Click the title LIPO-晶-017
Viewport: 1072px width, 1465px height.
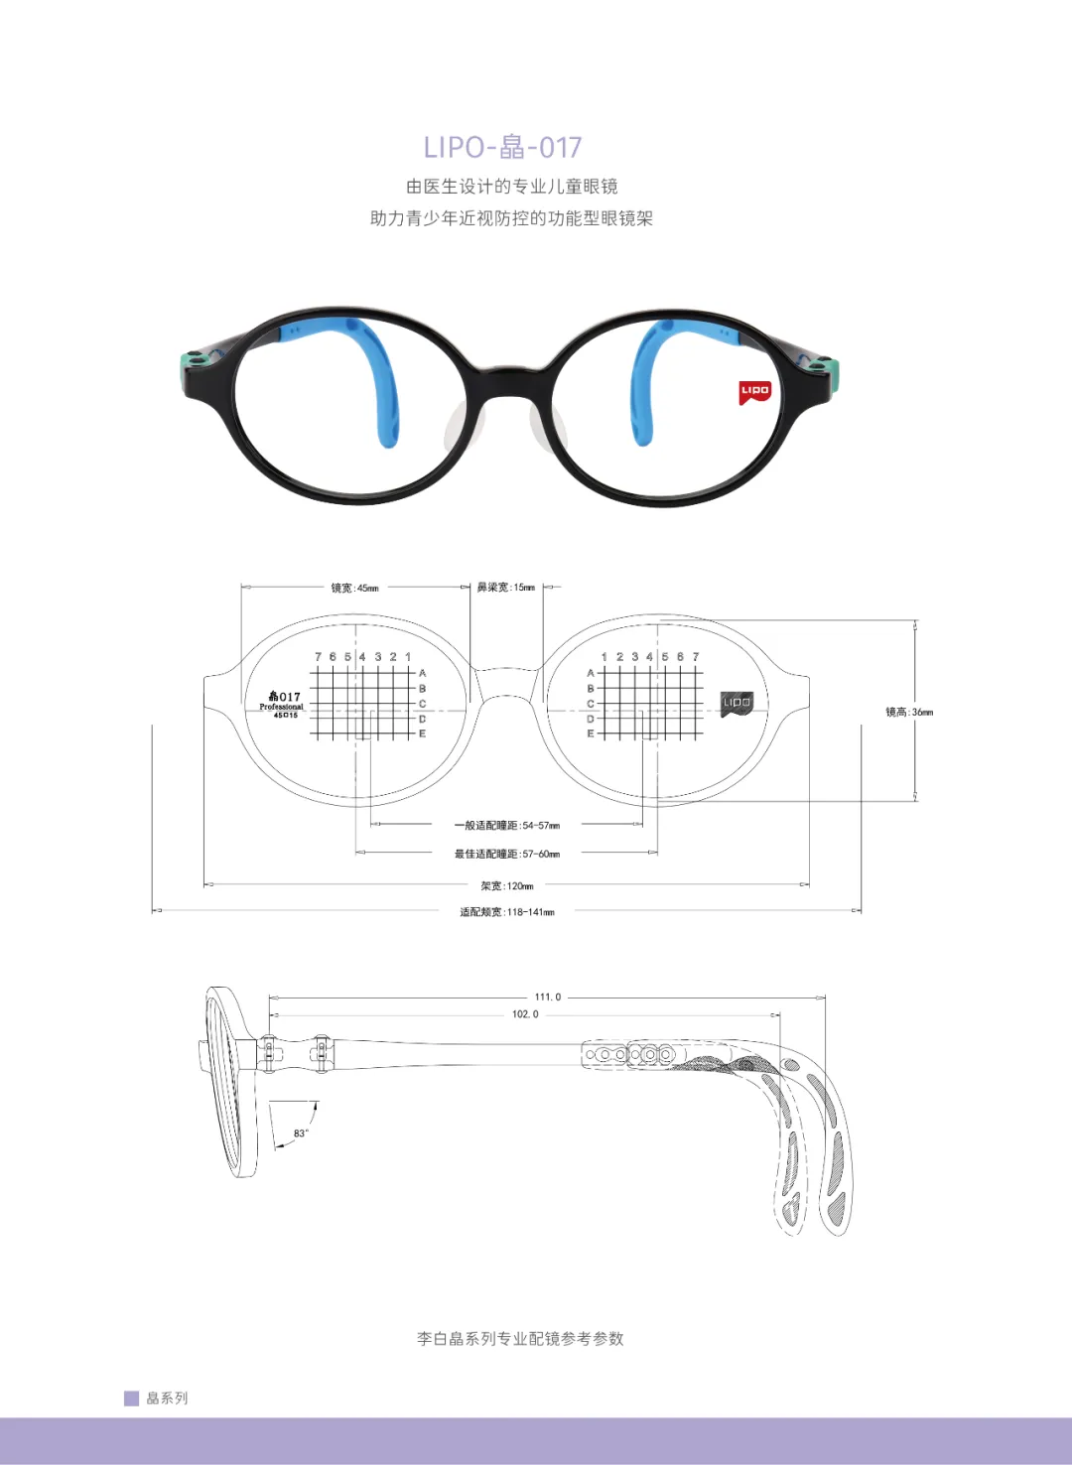(x=502, y=147)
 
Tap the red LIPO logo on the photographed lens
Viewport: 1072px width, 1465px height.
(x=754, y=392)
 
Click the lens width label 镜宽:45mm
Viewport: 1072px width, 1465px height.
(x=354, y=588)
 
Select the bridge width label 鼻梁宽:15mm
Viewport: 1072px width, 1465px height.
(x=505, y=588)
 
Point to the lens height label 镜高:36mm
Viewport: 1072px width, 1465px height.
(x=909, y=712)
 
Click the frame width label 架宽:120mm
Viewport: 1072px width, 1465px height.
(x=507, y=886)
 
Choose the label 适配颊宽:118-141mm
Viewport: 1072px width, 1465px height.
(x=507, y=912)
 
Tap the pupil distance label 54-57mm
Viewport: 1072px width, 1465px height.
(x=507, y=826)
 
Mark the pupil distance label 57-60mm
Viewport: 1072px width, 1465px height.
(x=507, y=854)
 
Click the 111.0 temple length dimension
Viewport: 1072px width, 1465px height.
(x=548, y=997)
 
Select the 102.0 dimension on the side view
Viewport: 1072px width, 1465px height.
(x=525, y=1014)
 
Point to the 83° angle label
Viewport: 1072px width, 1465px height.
(x=301, y=1133)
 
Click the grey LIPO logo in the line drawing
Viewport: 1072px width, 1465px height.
(x=737, y=703)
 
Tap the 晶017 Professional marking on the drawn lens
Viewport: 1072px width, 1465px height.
(x=283, y=703)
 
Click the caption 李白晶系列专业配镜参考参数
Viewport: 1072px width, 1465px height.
(x=520, y=1338)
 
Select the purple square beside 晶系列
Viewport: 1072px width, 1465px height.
(x=131, y=1398)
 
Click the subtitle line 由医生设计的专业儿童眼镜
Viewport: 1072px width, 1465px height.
(x=511, y=187)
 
